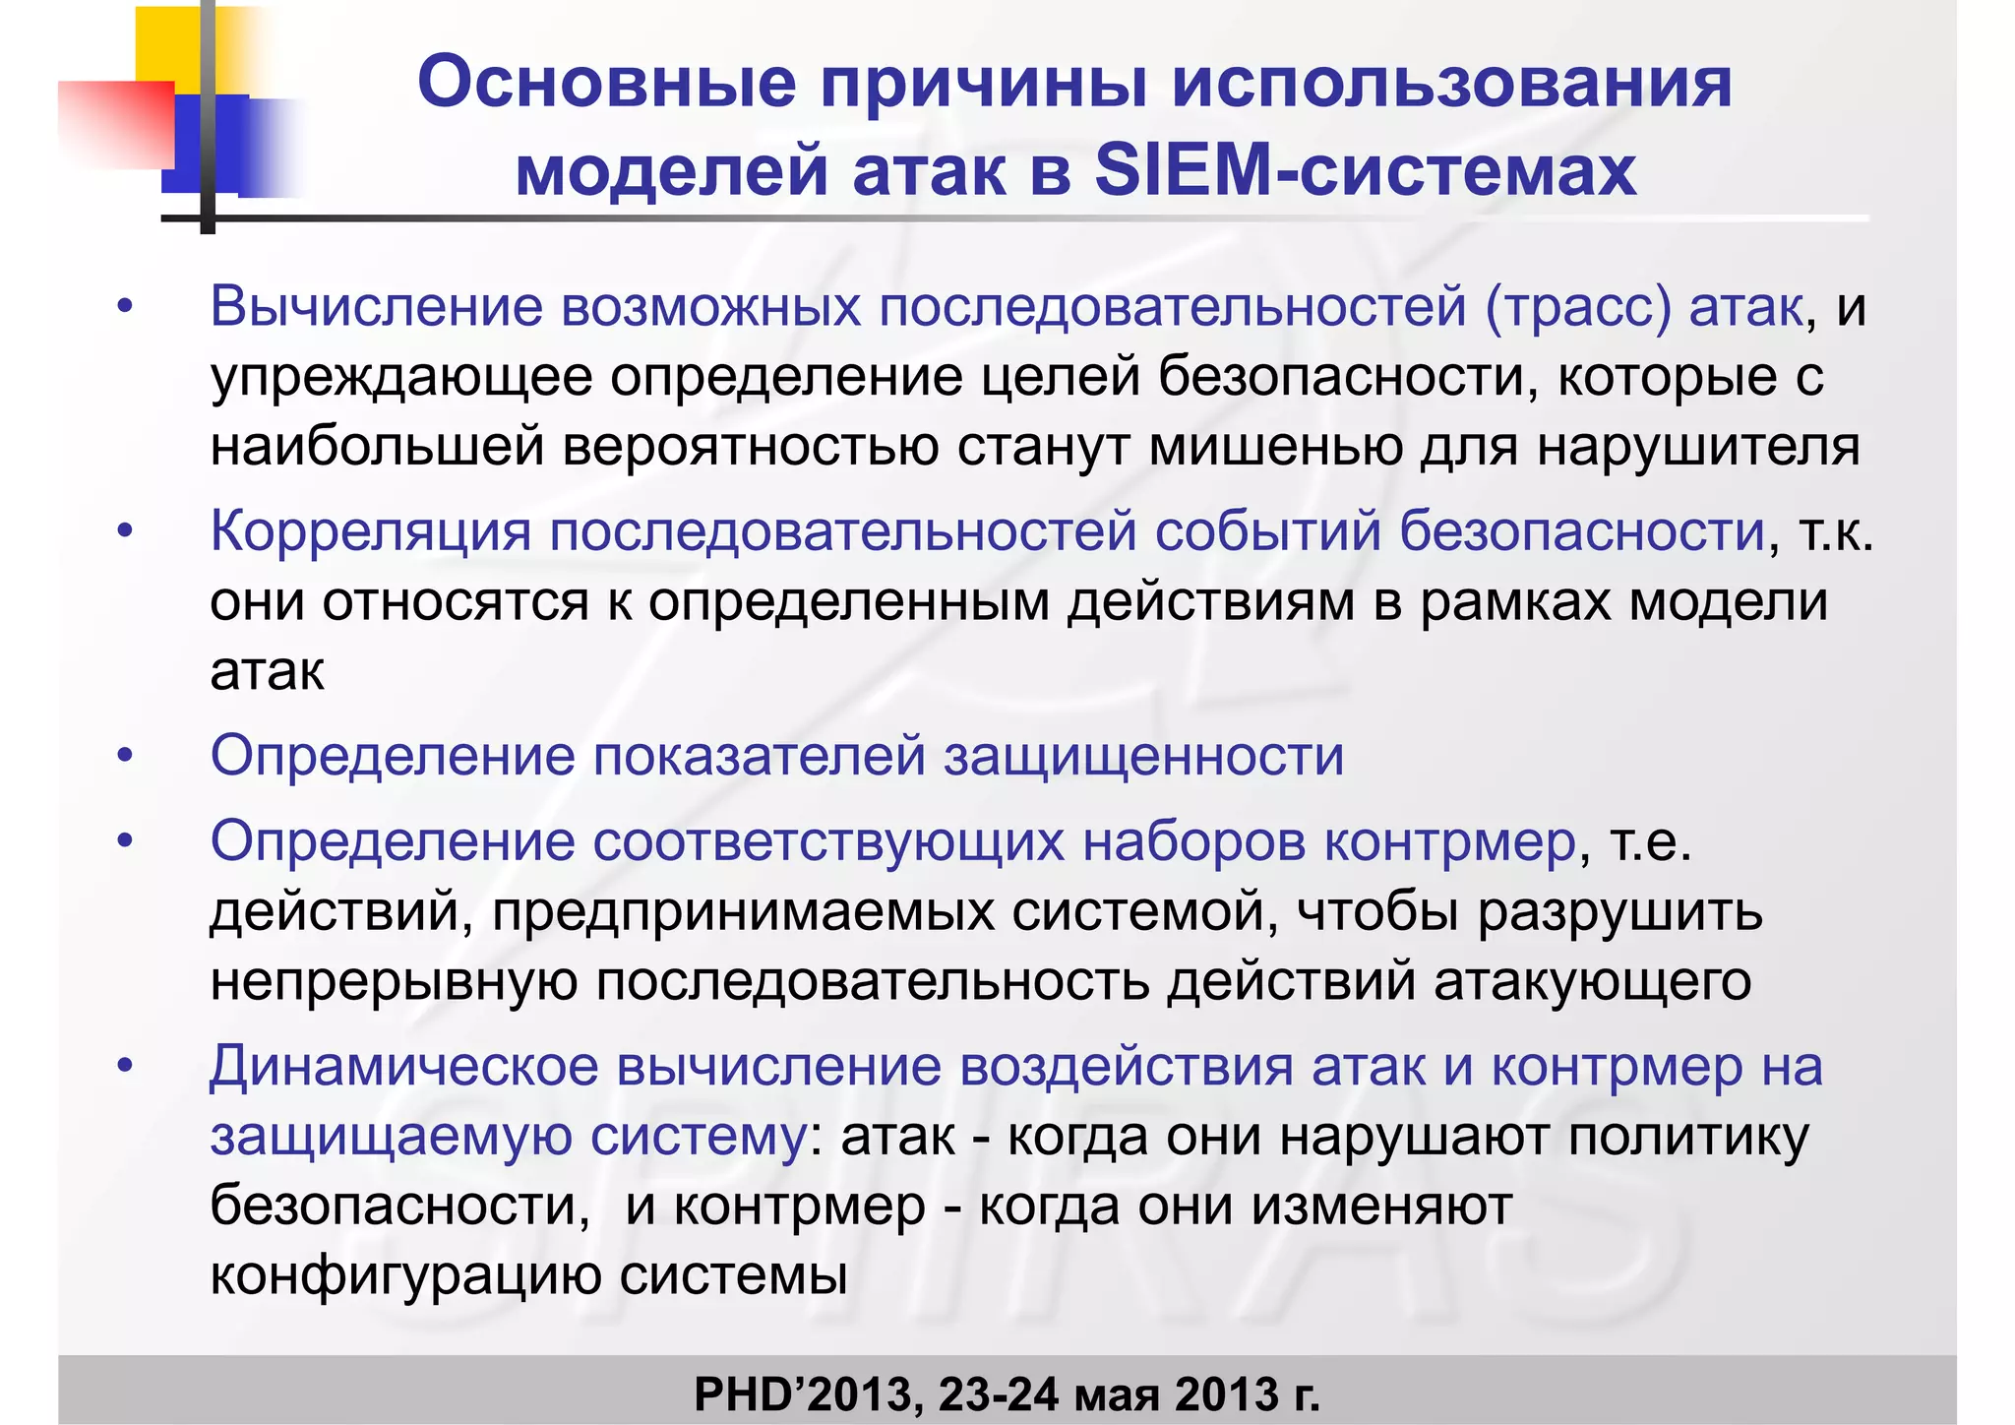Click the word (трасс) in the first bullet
(1578, 306)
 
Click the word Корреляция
(370, 531)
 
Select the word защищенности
(1143, 756)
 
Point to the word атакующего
(1592, 981)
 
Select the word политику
(1688, 1137)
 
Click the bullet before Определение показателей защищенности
(124, 756)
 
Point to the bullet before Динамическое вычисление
(124, 1066)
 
